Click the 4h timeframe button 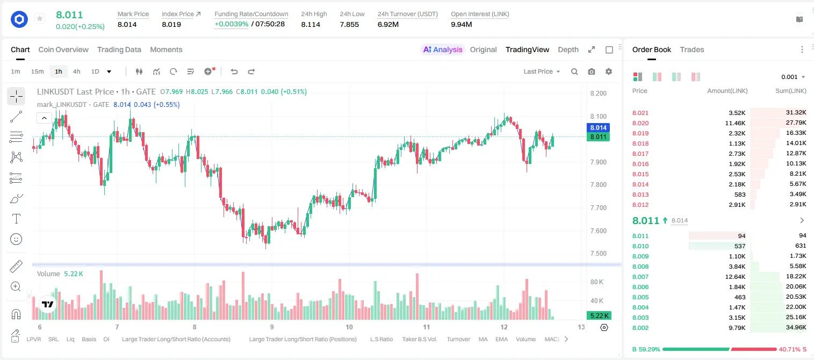click(x=76, y=71)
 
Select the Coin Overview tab click(x=63, y=49)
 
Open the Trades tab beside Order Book click(x=692, y=49)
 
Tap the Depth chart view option click(x=568, y=49)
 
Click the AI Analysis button click(x=442, y=49)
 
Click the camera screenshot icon click(x=592, y=71)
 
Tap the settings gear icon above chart click(x=609, y=71)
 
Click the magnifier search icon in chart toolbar click(x=574, y=71)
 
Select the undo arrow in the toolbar click(x=234, y=71)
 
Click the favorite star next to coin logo click(x=40, y=18)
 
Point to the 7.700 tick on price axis click(x=598, y=208)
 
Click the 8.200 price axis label click(x=598, y=93)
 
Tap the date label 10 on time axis click(x=349, y=327)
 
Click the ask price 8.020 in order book click(x=640, y=123)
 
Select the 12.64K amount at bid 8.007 click(x=735, y=277)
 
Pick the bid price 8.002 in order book click(x=640, y=328)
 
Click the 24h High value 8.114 click(x=311, y=24)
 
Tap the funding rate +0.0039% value click(x=231, y=24)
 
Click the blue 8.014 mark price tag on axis click(x=598, y=127)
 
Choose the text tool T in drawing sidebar click(x=16, y=219)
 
